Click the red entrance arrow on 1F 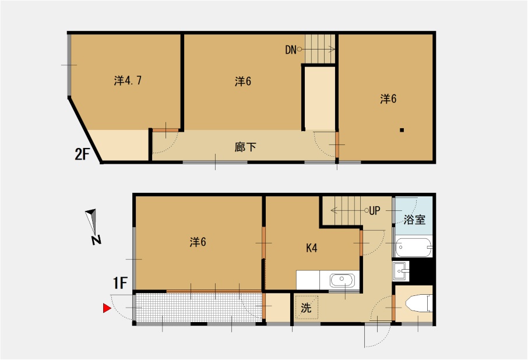(x=107, y=308)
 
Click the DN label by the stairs (x=291, y=50)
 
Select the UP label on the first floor (x=375, y=211)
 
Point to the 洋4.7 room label (x=128, y=80)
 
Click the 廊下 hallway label (x=245, y=147)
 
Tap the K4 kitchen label (x=311, y=248)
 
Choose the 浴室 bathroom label (x=414, y=220)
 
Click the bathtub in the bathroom (x=414, y=248)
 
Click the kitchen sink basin (x=342, y=280)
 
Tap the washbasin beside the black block (x=401, y=271)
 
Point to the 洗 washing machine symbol (x=306, y=307)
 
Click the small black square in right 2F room (x=402, y=130)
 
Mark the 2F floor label (x=82, y=154)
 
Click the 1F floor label (x=120, y=283)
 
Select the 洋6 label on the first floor (x=198, y=242)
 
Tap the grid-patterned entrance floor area (x=199, y=308)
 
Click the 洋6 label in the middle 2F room (x=243, y=81)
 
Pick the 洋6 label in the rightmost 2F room (x=388, y=98)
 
